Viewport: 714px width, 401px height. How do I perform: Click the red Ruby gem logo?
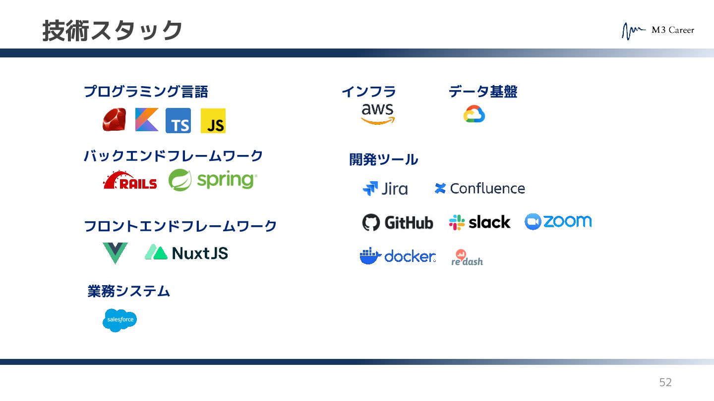114,120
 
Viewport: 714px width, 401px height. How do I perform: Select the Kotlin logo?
147,120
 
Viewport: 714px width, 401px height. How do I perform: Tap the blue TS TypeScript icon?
178,121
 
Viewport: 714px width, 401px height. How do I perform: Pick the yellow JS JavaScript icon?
213,121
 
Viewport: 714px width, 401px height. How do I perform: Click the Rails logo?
130,180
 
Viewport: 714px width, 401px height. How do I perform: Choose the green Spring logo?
213,180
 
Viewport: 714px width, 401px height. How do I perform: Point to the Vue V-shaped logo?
115,253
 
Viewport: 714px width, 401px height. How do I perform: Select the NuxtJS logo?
186,253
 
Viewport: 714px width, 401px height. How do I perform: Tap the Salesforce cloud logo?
119,320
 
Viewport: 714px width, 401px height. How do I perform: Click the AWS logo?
378,113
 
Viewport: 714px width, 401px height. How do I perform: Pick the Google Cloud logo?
474,114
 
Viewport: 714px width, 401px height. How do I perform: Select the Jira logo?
385,189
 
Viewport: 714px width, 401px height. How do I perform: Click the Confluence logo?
479,189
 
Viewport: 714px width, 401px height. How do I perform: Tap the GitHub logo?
398,223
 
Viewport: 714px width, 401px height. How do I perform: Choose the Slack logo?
479,222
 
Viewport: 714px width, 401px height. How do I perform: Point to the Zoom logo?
558,221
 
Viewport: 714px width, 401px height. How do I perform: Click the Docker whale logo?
398,256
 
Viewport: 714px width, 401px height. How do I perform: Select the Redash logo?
467,257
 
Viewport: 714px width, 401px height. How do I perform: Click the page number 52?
665,382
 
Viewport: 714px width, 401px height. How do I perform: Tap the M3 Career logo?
658,31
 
